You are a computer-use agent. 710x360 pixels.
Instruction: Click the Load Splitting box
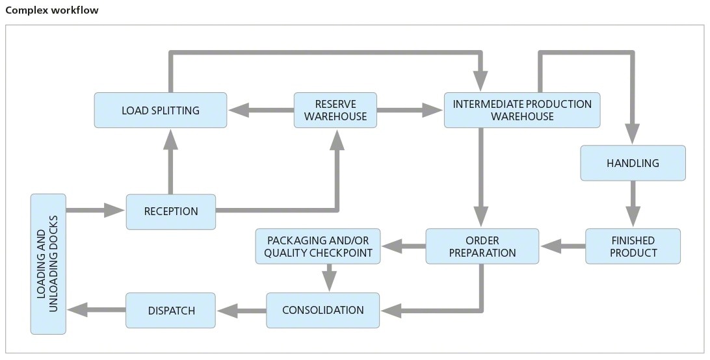(x=161, y=110)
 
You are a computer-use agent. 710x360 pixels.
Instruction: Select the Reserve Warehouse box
(x=335, y=110)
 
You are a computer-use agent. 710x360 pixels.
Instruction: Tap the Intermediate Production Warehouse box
(x=522, y=110)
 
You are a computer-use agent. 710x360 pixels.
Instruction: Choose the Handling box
(x=633, y=163)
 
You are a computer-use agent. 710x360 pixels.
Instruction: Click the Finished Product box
(x=633, y=246)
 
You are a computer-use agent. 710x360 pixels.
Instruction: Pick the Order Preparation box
(x=482, y=246)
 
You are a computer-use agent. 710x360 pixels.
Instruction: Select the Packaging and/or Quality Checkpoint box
(x=318, y=246)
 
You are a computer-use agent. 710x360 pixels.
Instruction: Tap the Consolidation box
(x=323, y=310)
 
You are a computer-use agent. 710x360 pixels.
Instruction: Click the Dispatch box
(x=171, y=310)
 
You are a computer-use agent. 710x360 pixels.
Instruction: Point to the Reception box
(x=171, y=211)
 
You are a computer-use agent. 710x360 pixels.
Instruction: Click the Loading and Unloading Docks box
(x=49, y=264)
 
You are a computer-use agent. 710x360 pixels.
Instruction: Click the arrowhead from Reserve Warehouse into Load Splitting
(x=239, y=110)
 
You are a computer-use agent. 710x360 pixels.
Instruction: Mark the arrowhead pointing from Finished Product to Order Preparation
(x=551, y=246)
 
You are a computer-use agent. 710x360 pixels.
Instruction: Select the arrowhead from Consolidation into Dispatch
(x=228, y=311)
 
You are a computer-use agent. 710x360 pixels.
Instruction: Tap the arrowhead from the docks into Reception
(x=114, y=210)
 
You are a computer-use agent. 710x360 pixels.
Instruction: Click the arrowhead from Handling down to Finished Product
(x=633, y=216)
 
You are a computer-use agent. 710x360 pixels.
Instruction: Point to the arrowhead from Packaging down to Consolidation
(x=329, y=281)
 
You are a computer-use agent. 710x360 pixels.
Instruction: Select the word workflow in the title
(x=75, y=10)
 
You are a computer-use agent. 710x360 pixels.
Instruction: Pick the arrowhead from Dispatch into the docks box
(x=78, y=310)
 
